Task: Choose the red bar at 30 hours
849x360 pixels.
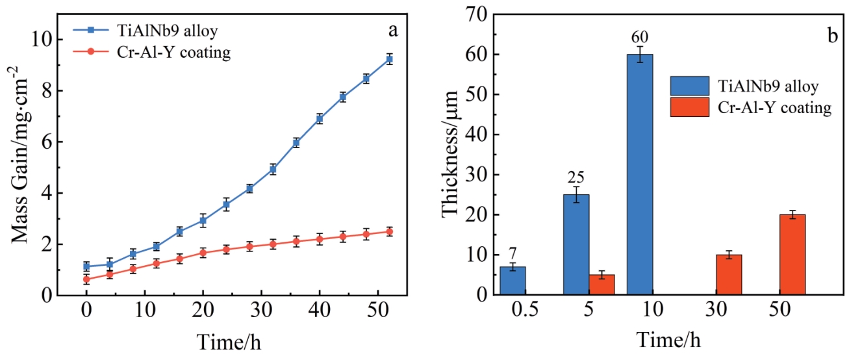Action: (x=729, y=275)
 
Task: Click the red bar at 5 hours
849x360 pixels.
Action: (x=602, y=285)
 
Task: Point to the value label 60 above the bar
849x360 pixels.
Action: (x=640, y=36)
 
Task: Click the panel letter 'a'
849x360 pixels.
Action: (x=392, y=30)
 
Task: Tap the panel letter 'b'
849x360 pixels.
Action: (x=832, y=35)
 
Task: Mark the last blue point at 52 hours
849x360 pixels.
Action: (x=390, y=59)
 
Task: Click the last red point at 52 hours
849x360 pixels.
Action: (x=390, y=231)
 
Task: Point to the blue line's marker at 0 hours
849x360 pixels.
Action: (x=86, y=266)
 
